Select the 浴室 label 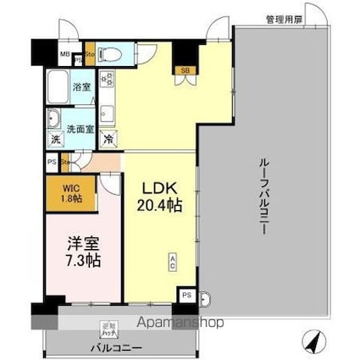coord(81,86)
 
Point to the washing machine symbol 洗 coord(54,138)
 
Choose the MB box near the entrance coord(64,58)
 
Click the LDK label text coord(158,187)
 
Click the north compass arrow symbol coord(313,341)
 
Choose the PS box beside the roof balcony coord(186,295)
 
